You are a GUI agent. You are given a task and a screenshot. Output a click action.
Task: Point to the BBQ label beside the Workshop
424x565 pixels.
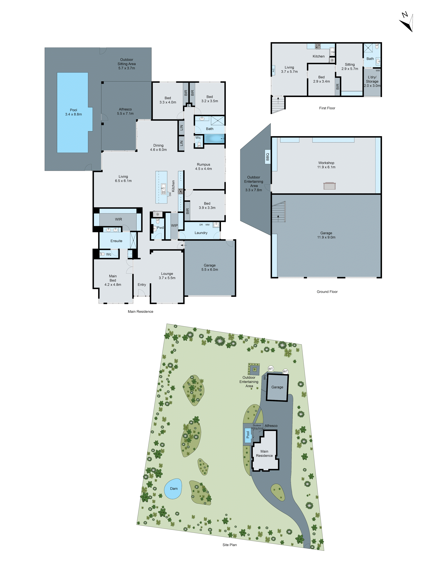[268, 156]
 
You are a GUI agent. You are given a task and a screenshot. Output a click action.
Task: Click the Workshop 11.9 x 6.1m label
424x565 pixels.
[326, 165]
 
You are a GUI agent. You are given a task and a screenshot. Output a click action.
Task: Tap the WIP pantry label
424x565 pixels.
[174, 225]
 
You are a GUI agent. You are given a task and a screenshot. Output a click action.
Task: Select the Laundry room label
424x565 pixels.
[201, 233]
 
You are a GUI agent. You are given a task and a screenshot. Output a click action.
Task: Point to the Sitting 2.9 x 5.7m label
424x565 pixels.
[350, 66]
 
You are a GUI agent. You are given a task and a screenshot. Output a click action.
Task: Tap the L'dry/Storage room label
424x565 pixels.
[372, 81]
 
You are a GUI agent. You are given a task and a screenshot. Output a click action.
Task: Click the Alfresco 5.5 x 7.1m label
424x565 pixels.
[125, 111]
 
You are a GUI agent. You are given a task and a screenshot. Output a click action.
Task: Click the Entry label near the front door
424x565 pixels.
[142, 284]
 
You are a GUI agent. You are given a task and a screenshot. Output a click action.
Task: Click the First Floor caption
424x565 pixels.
[327, 108]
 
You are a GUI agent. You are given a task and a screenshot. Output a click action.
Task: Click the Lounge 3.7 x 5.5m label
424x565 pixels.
[167, 276]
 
